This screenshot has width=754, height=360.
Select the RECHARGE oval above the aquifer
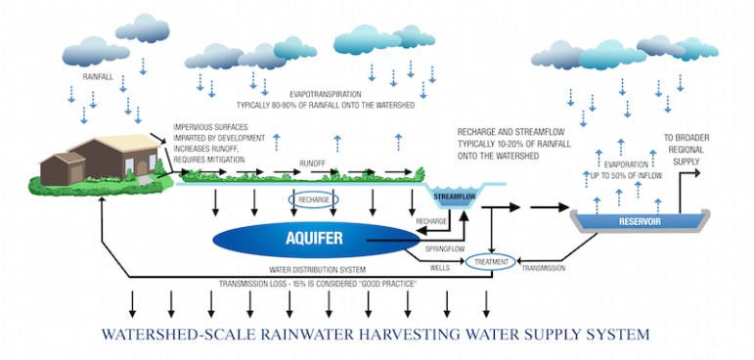tap(313, 200)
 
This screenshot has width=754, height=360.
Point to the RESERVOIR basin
tap(641, 220)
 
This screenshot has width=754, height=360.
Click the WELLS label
tap(438, 266)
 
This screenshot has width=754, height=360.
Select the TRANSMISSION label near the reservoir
tap(545, 267)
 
